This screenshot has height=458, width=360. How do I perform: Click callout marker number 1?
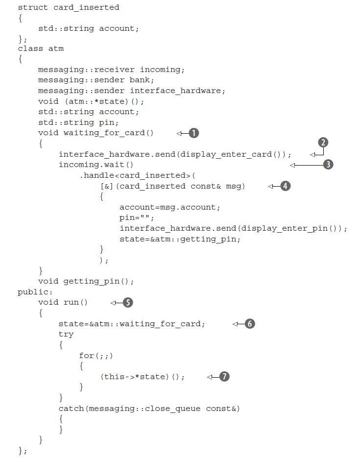pyautogui.click(x=194, y=133)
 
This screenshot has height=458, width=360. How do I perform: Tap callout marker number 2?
pyautogui.click(x=323, y=143)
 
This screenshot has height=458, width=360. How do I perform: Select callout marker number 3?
pyautogui.click(x=328, y=165)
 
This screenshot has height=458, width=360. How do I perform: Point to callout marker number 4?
pyautogui.click(x=285, y=186)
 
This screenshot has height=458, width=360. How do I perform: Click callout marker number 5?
pyautogui.click(x=127, y=302)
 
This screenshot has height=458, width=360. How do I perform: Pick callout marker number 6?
pyautogui.click(x=250, y=324)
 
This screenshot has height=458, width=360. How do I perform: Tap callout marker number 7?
pyautogui.click(x=224, y=377)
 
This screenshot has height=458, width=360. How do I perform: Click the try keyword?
pyautogui.click(x=66, y=334)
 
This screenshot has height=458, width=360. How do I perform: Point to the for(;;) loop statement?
pyautogui.click(x=99, y=356)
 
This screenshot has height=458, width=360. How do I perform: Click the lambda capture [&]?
pyautogui.click(x=106, y=186)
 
